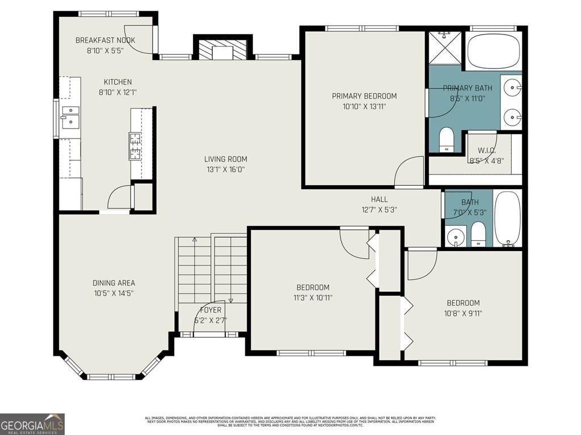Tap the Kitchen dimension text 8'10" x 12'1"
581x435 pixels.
pyautogui.click(x=117, y=92)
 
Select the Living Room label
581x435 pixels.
pyautogui.click(x=226, y=159)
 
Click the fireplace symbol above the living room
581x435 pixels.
pyautogui.click(x=222, y=50)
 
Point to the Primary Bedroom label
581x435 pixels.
pyautogui.click(x=364, y=96)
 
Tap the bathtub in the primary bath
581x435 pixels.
pyautogui.click(x=493, y=50)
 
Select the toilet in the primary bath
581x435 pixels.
pyautogui.click(x=447, y=140)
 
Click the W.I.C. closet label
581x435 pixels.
pyautogui.click(x=486, y=150)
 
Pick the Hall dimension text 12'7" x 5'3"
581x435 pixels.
pyautogui.click(x=380, y=210)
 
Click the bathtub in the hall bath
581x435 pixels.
pyautogui.click(x=508, y=218)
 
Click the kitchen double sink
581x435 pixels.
pyautogui.click(x=70, y=115)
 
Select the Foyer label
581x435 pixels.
pyautogui.click(x=210, y=310)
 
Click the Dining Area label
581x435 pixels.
pyautogui.click(x=113, y=283)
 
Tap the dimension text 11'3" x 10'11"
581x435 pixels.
pyautogui.click(x=313, y=298)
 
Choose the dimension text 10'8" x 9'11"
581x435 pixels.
pyautogui.click(x=463, y=313)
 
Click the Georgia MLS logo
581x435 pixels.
pyautogui.click(x=32, y=424)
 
